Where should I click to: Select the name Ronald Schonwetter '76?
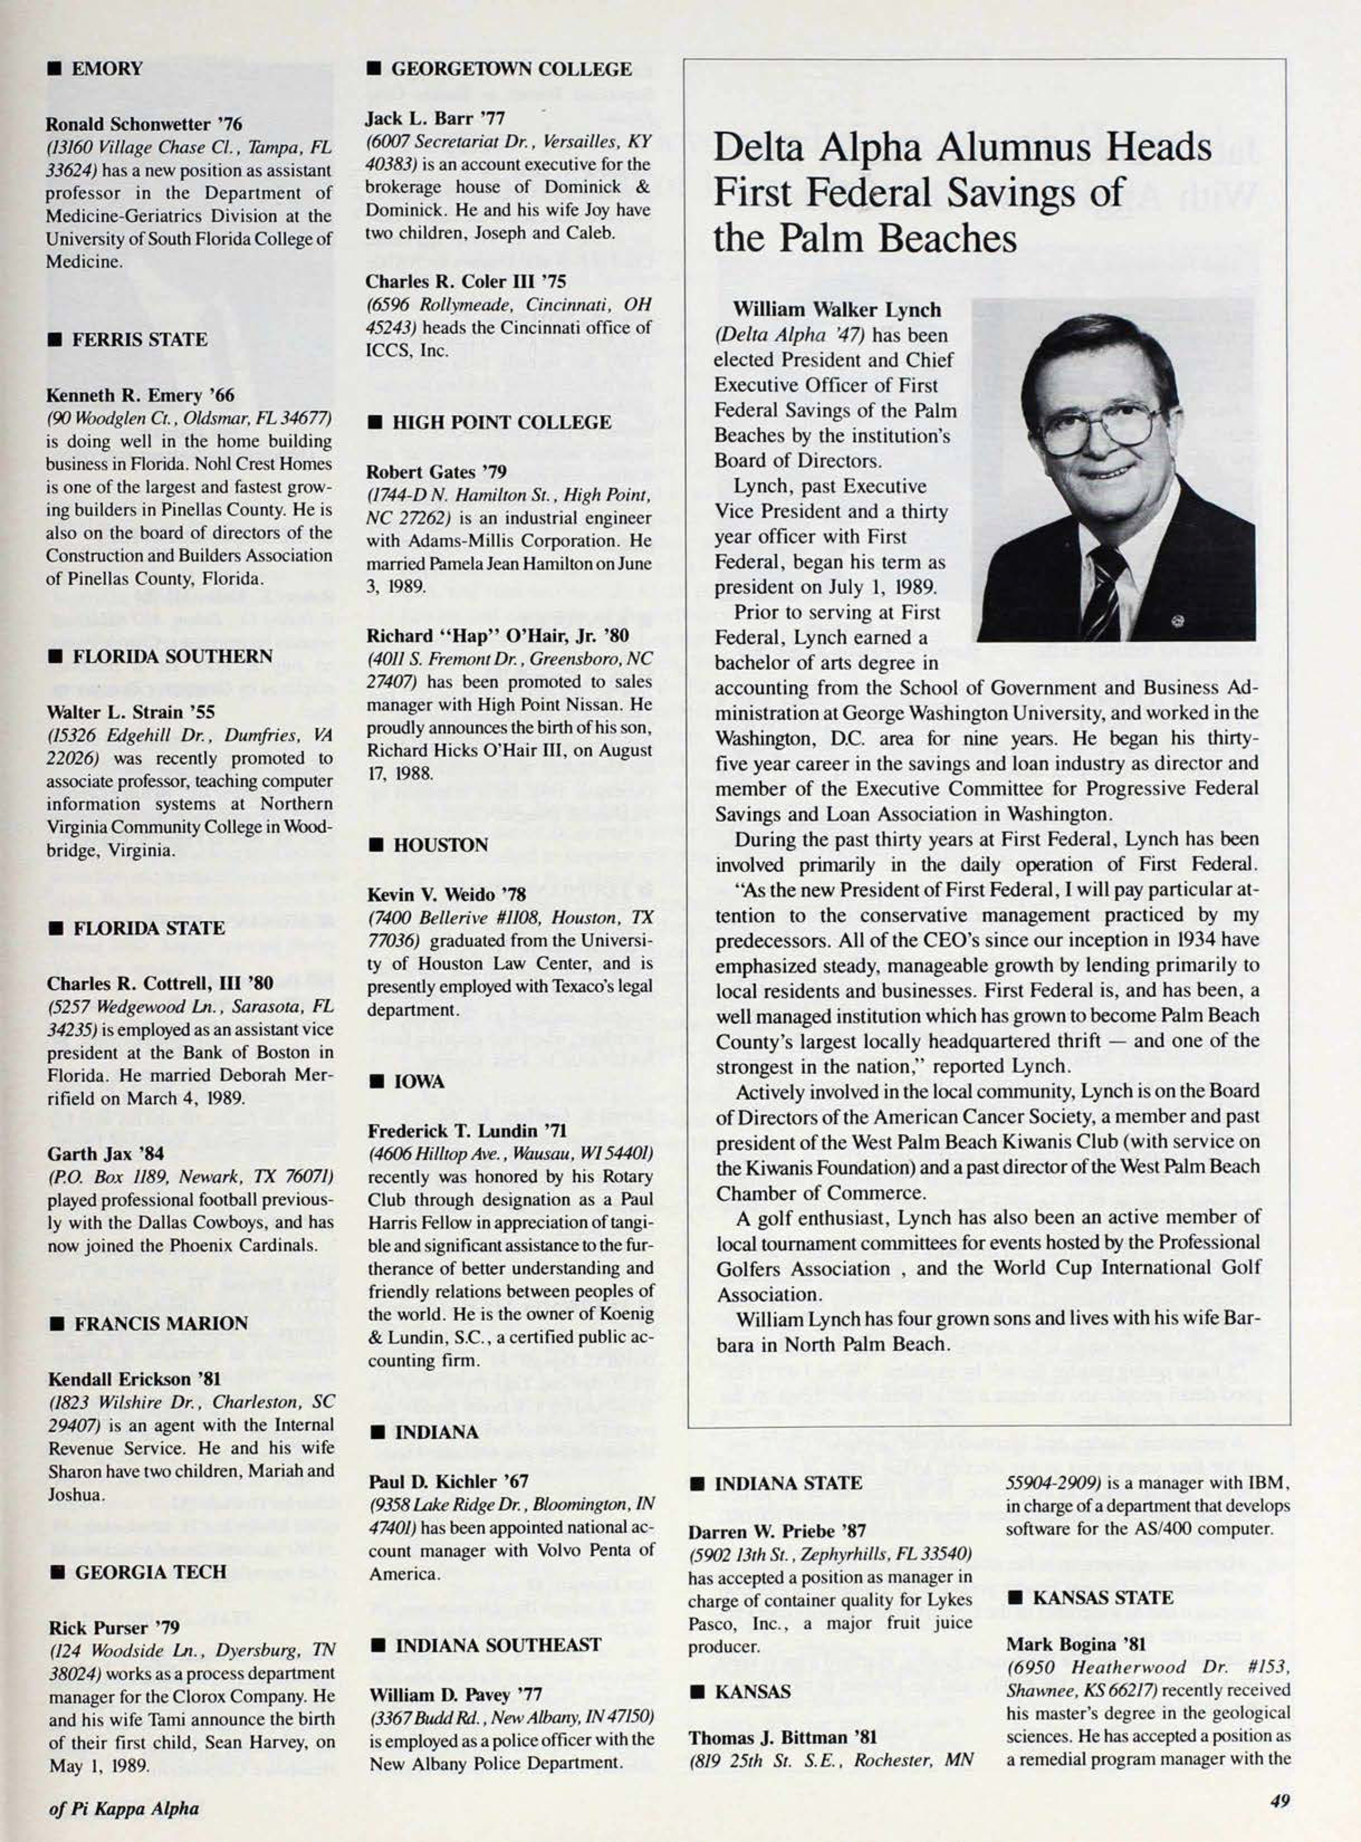144,124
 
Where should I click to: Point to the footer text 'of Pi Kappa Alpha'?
123,1809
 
